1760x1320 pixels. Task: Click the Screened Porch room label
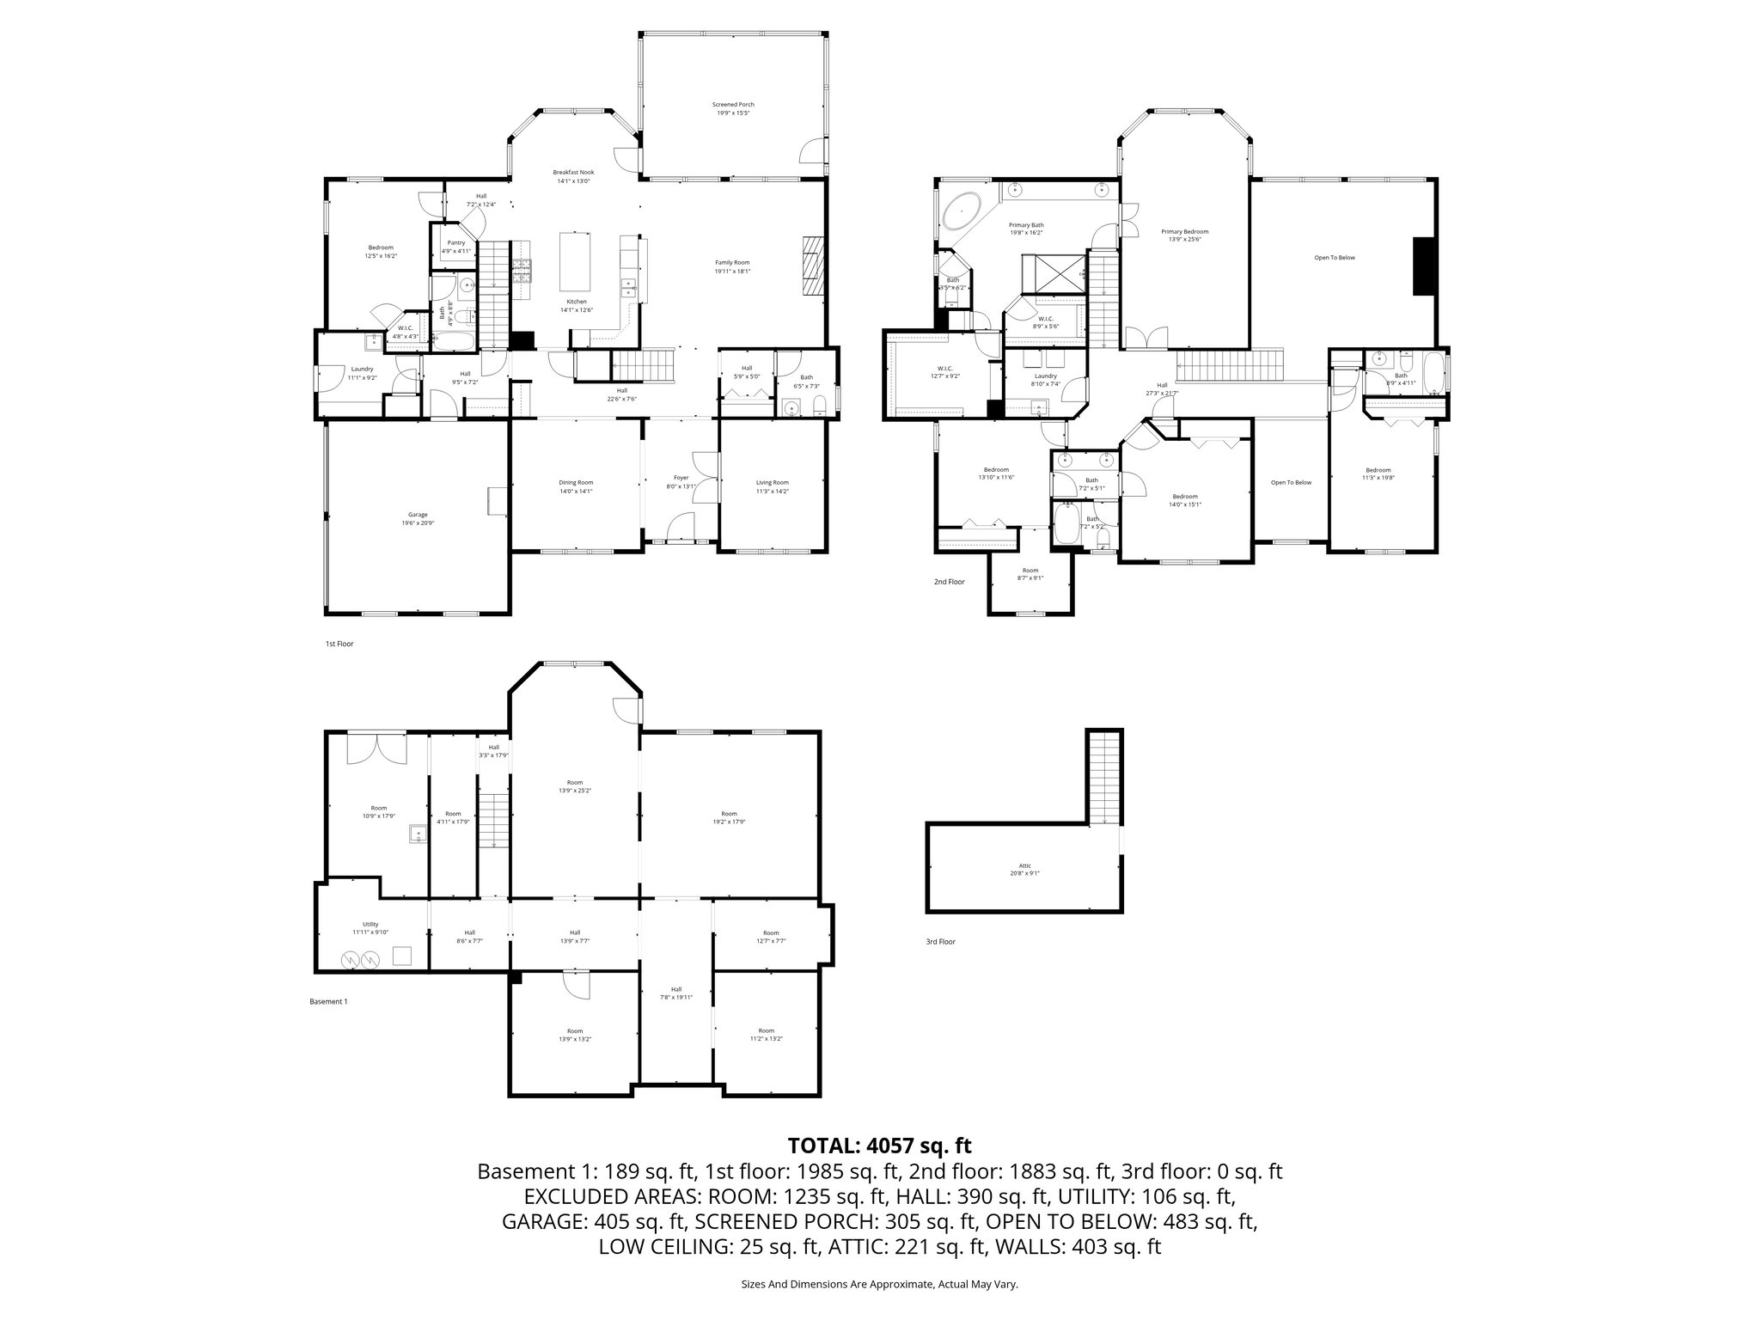[x=733, y=108]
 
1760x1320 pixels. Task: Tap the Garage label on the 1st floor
[x=418, y=518]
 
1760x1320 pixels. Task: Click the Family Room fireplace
[x=813, y=266]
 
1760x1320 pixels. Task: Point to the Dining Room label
[x=576, y=486]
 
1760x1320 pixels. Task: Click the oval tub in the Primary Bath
[x=963, y=211]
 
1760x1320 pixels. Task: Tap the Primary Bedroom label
[x=1184, y=235]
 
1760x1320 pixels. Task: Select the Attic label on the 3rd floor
[x=1024, y=869]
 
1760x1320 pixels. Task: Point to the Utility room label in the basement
[x=370, y=927]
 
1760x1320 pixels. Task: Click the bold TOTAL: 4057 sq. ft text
[x=879, y=1146]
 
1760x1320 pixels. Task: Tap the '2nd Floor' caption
[x=950, y=582]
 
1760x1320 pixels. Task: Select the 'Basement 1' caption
[x=328, y=1001]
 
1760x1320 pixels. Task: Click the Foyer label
[x=681, y=481]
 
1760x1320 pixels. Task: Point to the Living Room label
[x=772, y=486]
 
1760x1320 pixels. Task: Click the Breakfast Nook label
[x=573, y=176]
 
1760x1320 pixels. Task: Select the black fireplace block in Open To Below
[x=1424, y=266]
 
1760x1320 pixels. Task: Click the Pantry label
[x=455, y=247]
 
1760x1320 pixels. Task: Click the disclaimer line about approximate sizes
[x=879, y=1284]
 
